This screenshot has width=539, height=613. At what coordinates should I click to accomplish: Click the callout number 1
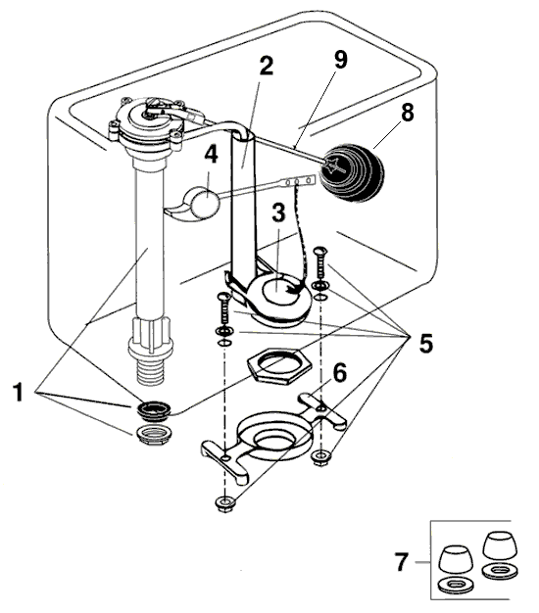point(16,396)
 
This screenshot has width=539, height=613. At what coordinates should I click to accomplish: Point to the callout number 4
point(211,155)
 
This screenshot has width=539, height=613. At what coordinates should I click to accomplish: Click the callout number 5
point(426,344)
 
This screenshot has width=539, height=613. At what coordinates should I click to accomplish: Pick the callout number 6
point(340,373)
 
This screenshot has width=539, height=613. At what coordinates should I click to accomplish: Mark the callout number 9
point(340,59)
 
